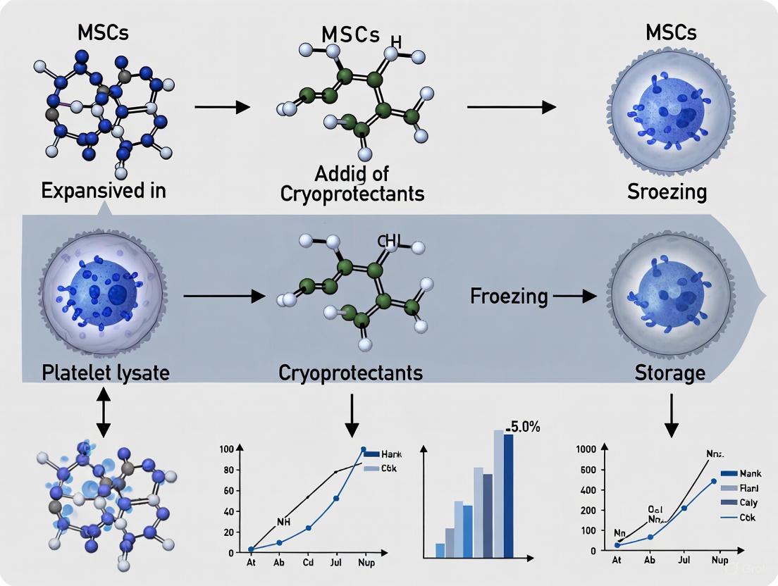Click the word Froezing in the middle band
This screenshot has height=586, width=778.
[509, 296]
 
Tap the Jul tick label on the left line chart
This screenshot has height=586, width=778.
[336, 563]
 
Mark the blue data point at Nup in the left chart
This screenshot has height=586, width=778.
[363, 449]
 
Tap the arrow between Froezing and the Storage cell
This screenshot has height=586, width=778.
[574, 297]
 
